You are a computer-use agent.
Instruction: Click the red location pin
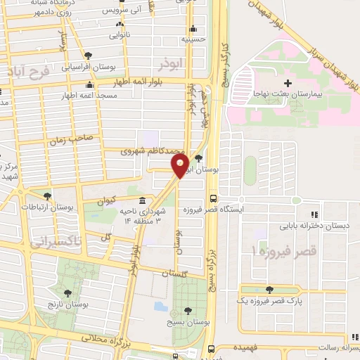[x=180, y=166]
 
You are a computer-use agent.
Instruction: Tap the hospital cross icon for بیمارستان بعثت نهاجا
[x=288, y=85]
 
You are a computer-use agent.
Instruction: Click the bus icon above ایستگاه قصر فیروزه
[x=213, y=199]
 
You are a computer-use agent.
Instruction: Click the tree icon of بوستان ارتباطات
[x=47, y=196]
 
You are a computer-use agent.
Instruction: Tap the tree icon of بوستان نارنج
[x=68, y=293]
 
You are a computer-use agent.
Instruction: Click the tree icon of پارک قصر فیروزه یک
[x=269, y=289]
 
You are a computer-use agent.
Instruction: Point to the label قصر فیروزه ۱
[x=285, y=251]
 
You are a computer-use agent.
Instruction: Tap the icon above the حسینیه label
[x=193, y=29]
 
